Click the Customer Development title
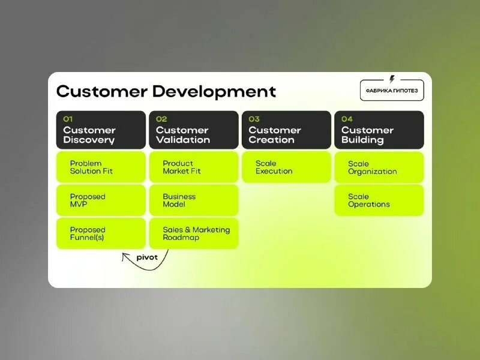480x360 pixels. click(166, 92)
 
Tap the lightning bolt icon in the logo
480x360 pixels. click(392, 79)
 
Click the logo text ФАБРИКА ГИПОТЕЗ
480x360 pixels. click(392, 91)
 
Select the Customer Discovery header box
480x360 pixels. click(101, 130)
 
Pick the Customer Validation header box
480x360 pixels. click(193, 130)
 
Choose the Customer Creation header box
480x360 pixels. click(286, 130)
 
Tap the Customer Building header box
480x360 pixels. click(379, 130)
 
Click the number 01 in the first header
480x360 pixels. click(68, 119)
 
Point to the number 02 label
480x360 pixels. click(161, 119)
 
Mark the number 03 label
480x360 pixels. click(254, 119)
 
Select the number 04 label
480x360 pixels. click(347, 119)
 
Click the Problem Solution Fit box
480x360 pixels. click(101, 167)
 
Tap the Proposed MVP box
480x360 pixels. click(101, 200)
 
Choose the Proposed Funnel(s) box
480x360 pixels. click(101, 233)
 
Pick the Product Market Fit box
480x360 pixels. click(193, 167)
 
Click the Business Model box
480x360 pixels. click(193, 200)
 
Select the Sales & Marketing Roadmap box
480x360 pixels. click(193, 233)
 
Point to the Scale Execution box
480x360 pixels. click(286, 167)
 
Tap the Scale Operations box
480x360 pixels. click(379, 200)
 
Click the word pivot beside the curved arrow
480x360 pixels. click(147, 257)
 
